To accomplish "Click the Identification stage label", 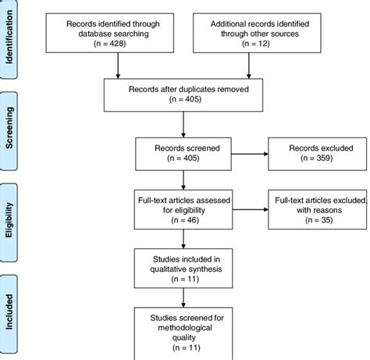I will tap(11, 40).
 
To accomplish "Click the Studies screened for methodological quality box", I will tap(183, 330).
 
